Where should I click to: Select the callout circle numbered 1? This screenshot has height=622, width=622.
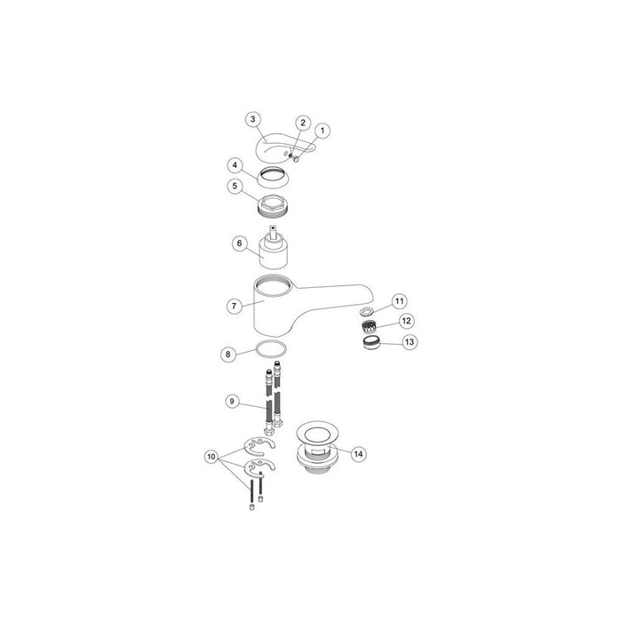coord(323,130)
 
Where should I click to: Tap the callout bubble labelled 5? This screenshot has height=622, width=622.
coord(235,187)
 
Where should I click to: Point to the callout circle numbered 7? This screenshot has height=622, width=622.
coord(233,305)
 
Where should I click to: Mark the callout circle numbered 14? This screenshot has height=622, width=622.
coord(358,453)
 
